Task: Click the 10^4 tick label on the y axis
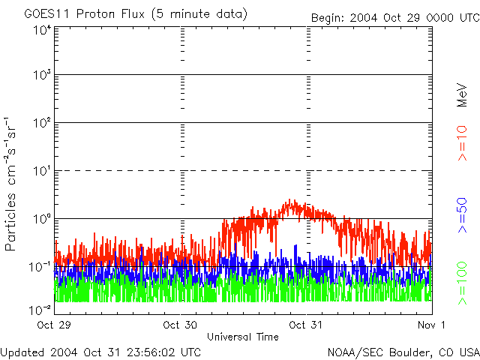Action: [x=41, y=31]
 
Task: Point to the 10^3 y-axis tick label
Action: [x=41, y=76]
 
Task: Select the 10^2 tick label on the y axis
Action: [x=41, y=123]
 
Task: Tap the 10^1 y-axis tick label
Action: [x=41, y=171]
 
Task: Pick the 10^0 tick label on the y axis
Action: [x=41, y=219]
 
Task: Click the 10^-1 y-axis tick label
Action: [x=40, y=267]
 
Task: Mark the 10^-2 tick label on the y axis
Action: [x=40, y=308]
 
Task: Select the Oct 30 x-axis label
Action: [x=181, y=325]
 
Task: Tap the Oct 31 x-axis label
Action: [x=307, y=325]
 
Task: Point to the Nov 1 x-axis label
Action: [x=432, y=325]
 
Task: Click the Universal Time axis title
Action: [x=242, y=337]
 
